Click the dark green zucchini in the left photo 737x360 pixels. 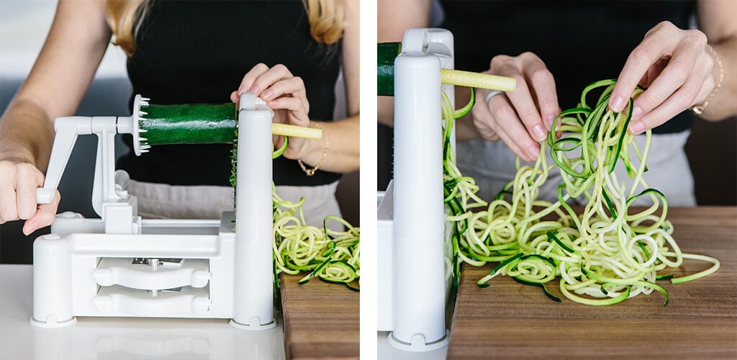189,124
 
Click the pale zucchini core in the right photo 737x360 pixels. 478,80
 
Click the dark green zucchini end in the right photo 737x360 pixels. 389,68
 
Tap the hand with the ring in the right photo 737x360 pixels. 515,108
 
